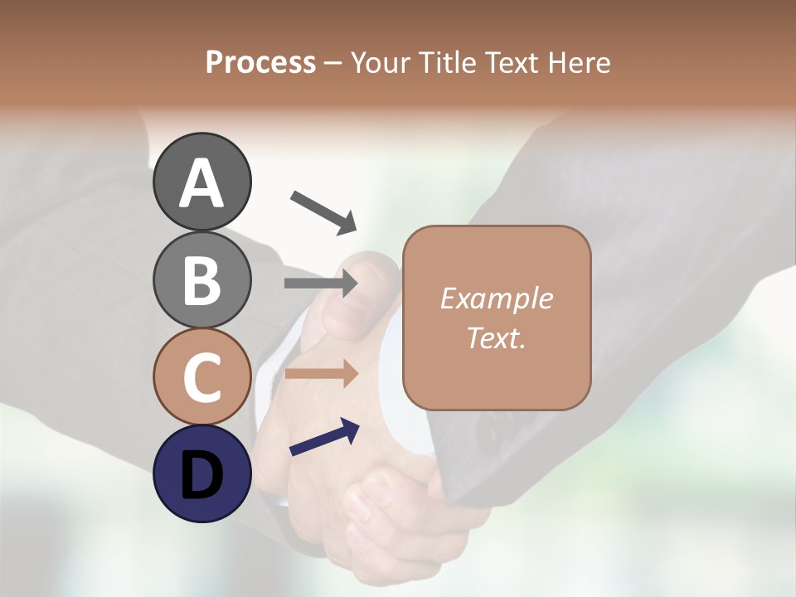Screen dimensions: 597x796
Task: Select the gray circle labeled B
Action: [x=202, y=279]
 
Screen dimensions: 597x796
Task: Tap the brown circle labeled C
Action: [x=202, y=377]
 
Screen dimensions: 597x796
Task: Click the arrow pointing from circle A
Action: [x=323, y=212]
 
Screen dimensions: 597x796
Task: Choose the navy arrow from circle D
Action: [x=324, y=437]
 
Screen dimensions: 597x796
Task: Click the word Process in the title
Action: [x=260, y=62]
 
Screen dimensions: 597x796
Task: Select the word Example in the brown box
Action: [x=496, y=298]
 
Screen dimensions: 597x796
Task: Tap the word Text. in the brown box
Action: [x=496, y=337]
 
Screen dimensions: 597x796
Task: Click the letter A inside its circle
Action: [x=202, y=183]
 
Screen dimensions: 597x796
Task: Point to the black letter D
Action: [x=202, y=475]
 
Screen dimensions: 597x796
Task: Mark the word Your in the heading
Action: [x=379, y=62]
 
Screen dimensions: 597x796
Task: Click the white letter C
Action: [x=202, y=378]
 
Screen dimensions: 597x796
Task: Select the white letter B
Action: [x=202, y=280]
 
